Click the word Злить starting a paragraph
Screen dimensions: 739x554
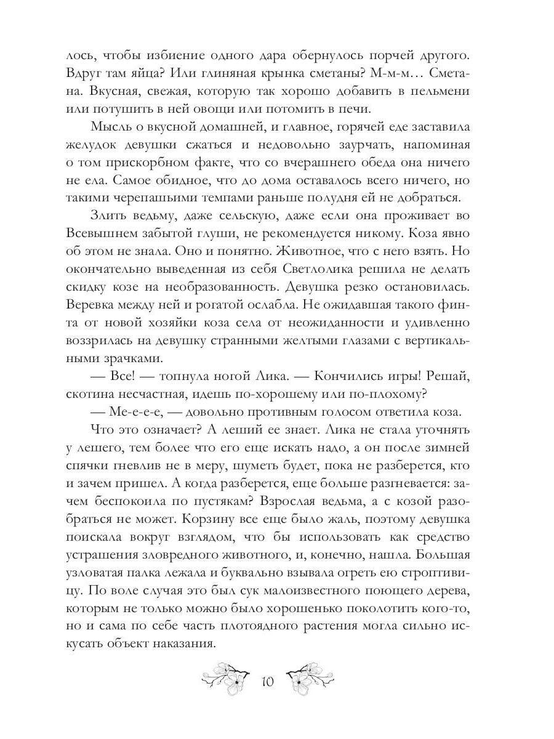point(107,217)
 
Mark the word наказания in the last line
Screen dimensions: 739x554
point(190,645)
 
